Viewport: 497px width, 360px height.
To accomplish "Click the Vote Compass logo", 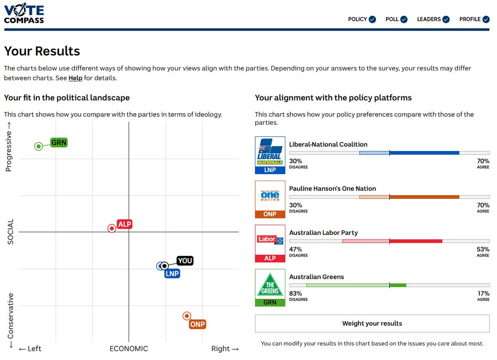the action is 24,13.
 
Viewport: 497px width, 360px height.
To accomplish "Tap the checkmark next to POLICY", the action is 373,19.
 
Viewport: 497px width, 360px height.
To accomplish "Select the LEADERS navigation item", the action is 434,19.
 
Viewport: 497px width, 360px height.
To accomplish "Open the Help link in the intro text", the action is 75,78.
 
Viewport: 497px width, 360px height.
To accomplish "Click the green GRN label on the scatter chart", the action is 59,143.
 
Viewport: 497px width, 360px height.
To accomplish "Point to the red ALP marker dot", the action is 112,229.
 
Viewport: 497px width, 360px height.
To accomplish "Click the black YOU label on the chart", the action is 185,261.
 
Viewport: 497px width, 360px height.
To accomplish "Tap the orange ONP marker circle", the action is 187,316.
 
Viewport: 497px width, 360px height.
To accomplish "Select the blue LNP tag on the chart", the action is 172,274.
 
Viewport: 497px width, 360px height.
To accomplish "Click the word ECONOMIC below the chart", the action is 129,349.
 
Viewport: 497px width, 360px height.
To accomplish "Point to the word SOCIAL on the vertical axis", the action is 10,232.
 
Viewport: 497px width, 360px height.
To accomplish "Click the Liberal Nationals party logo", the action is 270,155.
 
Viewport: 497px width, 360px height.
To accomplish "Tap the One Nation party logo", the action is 270,200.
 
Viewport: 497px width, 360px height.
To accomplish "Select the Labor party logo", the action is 270,244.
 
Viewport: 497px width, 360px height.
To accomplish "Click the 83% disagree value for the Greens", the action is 296,294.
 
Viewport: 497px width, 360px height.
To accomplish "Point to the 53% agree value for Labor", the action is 483,250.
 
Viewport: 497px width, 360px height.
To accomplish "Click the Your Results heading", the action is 42,51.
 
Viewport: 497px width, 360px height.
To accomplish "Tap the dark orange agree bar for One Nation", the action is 425,197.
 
